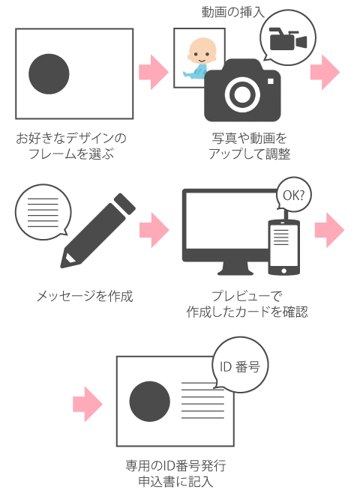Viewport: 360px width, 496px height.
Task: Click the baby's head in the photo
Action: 202,51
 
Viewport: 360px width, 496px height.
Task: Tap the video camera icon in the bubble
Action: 288,39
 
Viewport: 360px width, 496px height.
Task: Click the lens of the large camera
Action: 242,94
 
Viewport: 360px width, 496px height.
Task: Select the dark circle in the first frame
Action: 49,74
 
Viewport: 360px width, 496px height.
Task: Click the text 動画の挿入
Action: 233,12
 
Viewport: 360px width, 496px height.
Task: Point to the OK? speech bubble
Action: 293,194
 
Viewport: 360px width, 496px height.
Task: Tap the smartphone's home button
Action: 283,270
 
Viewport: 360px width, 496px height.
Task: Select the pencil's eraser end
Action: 124,203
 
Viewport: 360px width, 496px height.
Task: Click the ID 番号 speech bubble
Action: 240,365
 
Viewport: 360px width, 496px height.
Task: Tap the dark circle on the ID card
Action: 150,402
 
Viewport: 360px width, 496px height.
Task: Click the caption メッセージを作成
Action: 85,297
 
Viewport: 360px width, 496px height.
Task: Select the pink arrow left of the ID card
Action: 88,405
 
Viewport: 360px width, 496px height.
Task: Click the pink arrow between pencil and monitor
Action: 154,230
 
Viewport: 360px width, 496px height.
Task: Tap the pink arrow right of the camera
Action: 325,72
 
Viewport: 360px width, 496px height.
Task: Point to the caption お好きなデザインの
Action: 71,138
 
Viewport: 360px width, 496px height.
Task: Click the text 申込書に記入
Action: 175,482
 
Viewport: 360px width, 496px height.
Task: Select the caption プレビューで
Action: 247,296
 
